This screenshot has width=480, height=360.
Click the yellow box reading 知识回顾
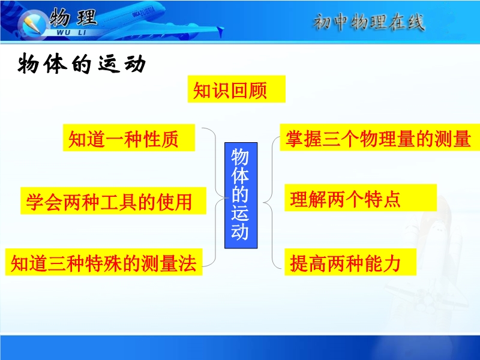(236, 89)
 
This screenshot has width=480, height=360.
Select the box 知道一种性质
(129, 138)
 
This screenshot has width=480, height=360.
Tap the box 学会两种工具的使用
(113, 201)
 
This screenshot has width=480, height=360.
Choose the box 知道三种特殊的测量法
(104, 262)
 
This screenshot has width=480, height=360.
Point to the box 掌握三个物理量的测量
(380, 137)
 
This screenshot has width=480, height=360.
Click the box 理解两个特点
(361, 198)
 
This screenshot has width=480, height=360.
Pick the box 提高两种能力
(350, 262)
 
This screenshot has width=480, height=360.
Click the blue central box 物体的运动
(241, 196)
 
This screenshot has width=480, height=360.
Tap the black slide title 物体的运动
(82, 64)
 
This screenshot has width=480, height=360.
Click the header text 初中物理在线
(369, 22)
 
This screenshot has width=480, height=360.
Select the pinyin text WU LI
(71, 32)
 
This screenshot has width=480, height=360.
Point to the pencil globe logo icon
(32, 24)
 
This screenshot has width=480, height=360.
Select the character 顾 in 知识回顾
(257, 91)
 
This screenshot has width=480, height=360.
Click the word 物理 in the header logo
(73, 17)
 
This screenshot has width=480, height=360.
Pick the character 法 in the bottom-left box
(187, 263)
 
